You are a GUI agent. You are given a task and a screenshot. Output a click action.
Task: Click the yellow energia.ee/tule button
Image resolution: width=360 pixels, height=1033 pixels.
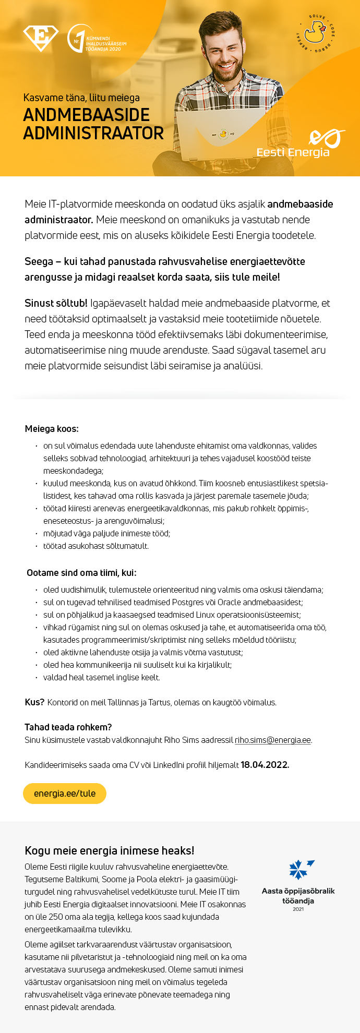click(65, 793)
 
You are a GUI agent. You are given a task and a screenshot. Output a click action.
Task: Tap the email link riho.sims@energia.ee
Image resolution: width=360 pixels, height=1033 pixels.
click(273, 740)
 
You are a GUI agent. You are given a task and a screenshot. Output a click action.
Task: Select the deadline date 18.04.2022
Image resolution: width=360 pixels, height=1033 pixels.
click(265, 765)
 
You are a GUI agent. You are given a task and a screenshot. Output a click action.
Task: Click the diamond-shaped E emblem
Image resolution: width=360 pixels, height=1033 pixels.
click(41, 38)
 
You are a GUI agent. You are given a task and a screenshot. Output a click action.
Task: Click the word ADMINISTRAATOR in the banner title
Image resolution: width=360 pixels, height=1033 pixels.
click(93, 133)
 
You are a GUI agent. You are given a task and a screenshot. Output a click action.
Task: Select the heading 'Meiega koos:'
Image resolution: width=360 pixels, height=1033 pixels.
click(52, 429)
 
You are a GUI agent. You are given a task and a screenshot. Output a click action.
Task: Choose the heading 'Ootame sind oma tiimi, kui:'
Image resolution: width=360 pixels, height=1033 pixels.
click(81, 573)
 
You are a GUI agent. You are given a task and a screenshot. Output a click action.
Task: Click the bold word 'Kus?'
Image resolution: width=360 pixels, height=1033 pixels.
click(34, 702)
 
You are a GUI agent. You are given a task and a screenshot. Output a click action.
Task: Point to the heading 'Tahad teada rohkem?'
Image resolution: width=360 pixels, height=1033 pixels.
click(68, 727)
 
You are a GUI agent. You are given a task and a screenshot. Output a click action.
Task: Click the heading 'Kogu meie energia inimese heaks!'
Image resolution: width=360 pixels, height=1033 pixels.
click(110, 850)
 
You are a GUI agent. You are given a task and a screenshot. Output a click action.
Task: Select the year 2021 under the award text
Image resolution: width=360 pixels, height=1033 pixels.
click(298, 909)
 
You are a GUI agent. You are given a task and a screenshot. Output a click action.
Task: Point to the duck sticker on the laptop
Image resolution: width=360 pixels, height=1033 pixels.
click(223, 134)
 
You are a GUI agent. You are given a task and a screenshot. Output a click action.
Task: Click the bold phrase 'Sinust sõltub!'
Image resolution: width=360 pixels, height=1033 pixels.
click(56, 303)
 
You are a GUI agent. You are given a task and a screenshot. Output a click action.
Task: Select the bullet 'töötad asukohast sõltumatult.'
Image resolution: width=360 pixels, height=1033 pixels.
click(96, 546)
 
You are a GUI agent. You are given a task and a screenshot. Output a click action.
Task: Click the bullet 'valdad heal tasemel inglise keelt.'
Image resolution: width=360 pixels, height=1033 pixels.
click(102, 677)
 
